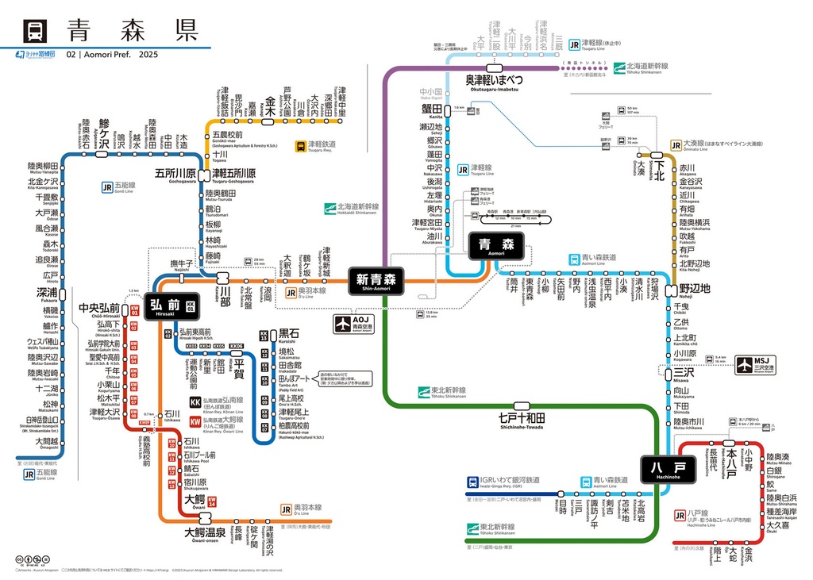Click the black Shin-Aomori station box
[x=376, y=279]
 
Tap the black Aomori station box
[x=496, y=245]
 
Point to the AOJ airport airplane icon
[x=342, y=325]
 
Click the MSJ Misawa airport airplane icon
[x=745, y=365]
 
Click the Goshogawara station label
[x=175, y=173]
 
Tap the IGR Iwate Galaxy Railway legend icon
[x=473, y=480]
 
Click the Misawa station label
[x=682, y=372]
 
